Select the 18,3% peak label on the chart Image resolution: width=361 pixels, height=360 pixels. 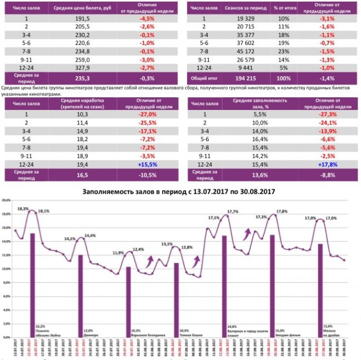pos(23,208)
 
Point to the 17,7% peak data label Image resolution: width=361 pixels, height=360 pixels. pos(233,211)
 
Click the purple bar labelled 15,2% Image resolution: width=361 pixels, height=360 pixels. pos(33,278)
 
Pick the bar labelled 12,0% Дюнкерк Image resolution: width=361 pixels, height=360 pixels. pos(81,289)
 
